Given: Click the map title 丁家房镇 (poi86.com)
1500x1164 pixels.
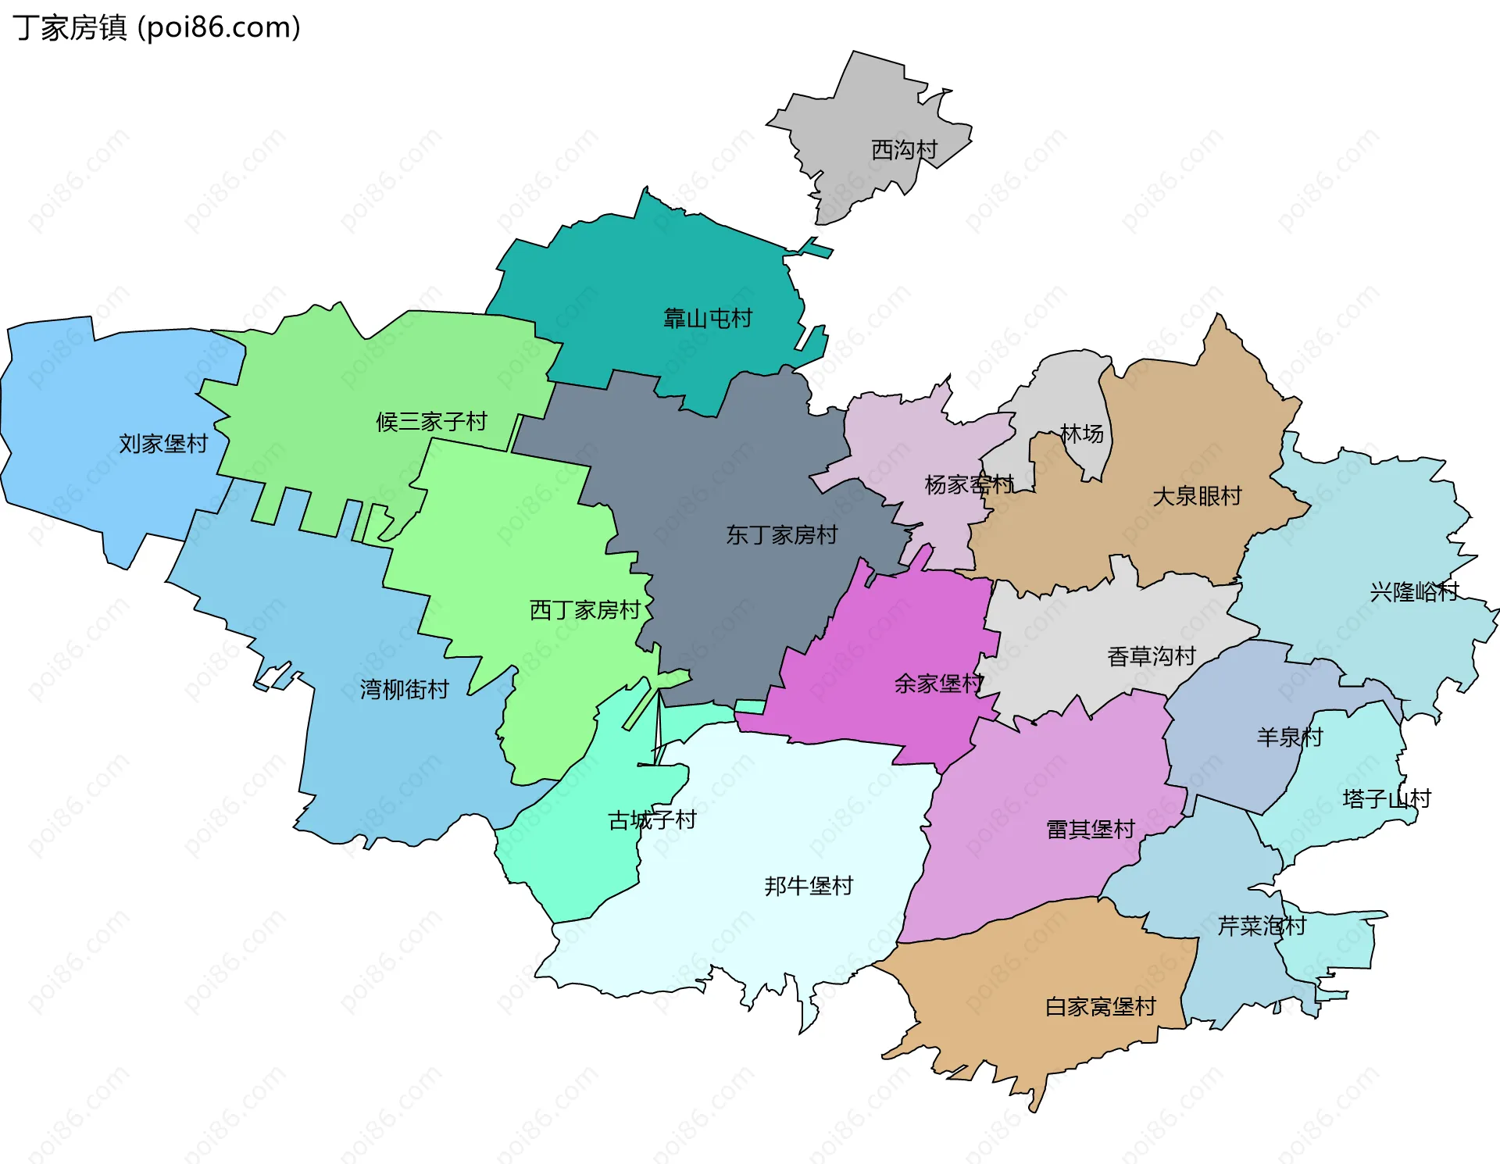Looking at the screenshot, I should tap(156, 28).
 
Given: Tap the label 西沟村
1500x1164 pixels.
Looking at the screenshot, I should tap(904, 150).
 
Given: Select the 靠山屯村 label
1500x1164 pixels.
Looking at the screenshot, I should tap(707, 319).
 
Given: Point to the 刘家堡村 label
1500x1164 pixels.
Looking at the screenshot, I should tap(163, 444).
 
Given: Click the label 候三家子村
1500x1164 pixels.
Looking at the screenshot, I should tap(431, 422).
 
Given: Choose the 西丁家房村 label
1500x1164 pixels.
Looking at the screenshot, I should tap(584, 610).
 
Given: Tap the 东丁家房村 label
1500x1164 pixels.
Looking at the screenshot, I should tap(781, 535).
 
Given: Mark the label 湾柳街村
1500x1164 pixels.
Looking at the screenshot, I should tap(404, 689).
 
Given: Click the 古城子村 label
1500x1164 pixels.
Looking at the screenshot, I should tap(652, 820).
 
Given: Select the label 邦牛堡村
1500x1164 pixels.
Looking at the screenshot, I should tap(809, 886).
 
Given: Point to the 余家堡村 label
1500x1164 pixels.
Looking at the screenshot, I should tap(938, 684).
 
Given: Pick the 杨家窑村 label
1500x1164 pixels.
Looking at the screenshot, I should tap(969, 485).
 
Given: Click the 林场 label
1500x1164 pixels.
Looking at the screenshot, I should tap(1081, 434).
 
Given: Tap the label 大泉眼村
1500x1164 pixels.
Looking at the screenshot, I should tap(1197, 496).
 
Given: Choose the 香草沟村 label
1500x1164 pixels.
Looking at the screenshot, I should tap(1151, 656).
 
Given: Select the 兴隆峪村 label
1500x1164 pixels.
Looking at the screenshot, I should tap(1414, 592).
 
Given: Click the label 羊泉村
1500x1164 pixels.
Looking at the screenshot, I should tap(1289, 737).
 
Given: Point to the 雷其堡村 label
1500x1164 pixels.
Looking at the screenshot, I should tap(1090, 830).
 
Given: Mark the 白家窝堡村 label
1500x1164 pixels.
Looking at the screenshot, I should tap(1100, 1007).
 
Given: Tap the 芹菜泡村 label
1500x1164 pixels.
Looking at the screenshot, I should tap(1262, 927).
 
